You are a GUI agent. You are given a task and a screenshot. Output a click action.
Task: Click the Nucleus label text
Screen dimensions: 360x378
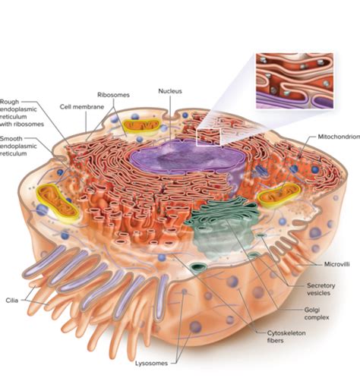170,91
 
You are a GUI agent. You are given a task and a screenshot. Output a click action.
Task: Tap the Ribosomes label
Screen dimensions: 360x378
113,95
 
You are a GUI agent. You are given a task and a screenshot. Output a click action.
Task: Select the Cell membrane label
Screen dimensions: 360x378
82,107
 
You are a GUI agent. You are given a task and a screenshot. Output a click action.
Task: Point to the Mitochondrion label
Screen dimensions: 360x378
339,137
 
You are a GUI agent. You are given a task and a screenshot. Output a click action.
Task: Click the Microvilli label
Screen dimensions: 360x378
337,264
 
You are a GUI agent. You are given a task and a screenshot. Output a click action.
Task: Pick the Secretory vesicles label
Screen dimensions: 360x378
321,289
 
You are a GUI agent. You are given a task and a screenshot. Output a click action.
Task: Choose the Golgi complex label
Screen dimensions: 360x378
317,313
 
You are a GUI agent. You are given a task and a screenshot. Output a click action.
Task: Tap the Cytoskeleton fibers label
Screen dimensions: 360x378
286,336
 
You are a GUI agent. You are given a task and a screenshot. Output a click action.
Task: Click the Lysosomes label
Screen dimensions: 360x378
151,364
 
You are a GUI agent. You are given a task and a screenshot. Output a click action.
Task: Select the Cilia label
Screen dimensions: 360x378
12,301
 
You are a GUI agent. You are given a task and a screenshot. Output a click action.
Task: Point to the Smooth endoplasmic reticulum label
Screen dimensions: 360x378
18,146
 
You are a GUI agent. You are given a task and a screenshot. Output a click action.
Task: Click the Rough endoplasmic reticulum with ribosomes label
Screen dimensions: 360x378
22,113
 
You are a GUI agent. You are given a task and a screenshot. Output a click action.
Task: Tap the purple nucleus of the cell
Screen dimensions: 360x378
188,158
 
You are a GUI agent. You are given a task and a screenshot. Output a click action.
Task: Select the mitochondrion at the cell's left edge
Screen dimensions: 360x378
58,203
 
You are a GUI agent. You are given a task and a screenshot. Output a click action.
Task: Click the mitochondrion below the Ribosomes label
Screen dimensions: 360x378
141,125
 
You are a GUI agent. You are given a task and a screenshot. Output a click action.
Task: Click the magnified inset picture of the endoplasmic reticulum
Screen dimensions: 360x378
295,81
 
